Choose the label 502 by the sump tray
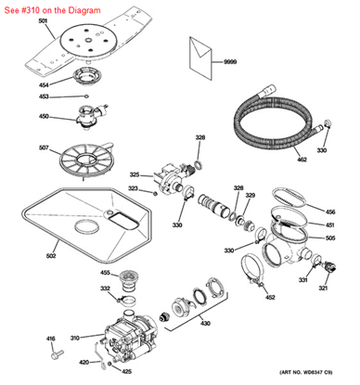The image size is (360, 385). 51,256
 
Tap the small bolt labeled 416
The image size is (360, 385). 57,353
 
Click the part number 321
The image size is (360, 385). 324,289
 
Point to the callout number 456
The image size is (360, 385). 330,212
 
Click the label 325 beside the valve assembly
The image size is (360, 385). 134,174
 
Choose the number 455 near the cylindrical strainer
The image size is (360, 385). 105,274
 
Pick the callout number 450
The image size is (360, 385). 43,117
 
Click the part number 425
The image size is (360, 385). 126,371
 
